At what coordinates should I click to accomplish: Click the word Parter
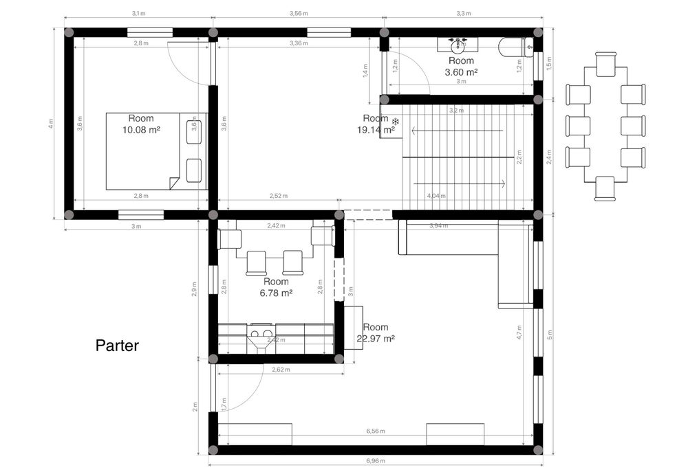coord(117,346)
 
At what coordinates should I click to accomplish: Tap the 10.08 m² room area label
coord(140,129)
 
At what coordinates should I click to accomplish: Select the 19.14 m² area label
coord(376,128)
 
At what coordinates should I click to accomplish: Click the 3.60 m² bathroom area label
coord(461,71)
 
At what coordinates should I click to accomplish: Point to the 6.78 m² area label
coord(276,293)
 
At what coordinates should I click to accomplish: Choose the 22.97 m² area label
coord(376,338)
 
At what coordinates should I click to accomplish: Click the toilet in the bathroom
coord(515,47)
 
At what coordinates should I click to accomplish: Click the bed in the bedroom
coord(155,151)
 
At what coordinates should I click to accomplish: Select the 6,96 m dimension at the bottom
coord(373,461)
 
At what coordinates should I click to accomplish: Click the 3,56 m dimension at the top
coord(299,13)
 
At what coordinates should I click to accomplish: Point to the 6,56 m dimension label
coord(375,432)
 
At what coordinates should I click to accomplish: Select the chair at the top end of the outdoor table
coord(605,64)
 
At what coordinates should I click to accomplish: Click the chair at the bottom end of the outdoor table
coord(605,188)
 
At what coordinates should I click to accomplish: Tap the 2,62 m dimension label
coord(281,370)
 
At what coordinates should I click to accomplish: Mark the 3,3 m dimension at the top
coord(464,13)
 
